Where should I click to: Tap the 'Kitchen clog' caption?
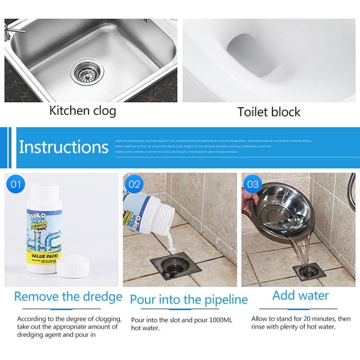tap(82, 110)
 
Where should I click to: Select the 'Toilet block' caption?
tap(269, 112)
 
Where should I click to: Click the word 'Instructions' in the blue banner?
tap(63, 147)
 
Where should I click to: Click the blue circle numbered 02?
tap(135, 184)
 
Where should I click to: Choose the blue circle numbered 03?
tap(253, 184)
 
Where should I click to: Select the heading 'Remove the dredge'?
tap(68, 297)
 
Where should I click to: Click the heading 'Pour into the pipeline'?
tap(189, 299)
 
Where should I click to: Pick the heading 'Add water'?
tap(300, 296)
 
